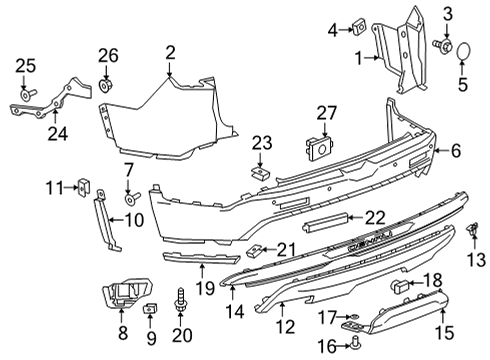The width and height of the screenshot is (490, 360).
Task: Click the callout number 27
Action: pyautogui.click(x=327, y=114)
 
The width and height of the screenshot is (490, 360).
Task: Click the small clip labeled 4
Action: pyautogui.click(x=358, y=30)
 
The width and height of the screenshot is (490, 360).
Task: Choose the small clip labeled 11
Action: pyautogui.click(x=84, y=185)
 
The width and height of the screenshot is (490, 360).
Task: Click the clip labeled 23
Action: pyautogui.click(x=259, y=172)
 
